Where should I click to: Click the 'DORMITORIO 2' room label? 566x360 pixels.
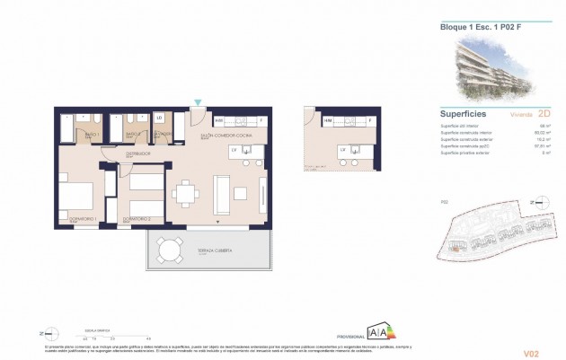coord(136,219)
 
